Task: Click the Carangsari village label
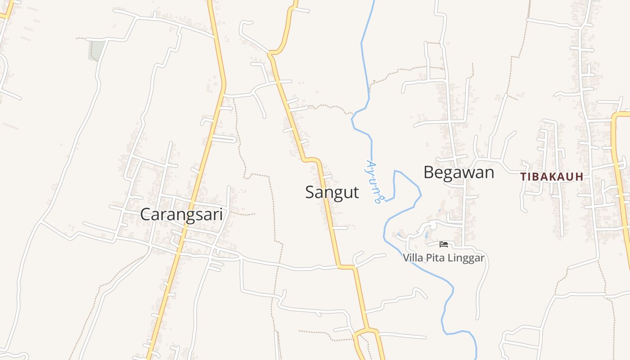pyautogui.click(x=181, y=214)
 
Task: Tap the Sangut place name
pyautogui.click(x=332, y=192)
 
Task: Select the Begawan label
pyautogui.click(x=459, y=172)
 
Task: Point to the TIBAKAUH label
pyautogui.click(x=552, y=177)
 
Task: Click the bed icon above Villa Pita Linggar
pyautogui.click(x=444, y=244)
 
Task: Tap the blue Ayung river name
pyautogui.click(x=374, y=181)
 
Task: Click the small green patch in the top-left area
pyautogui.click(x=96, y=50)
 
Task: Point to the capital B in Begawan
pyautogui.click(x=429, y=172)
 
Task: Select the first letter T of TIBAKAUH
pyautogui.click(x=523, y=177)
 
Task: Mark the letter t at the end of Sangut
pyautogui.click(x=356, y=192)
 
